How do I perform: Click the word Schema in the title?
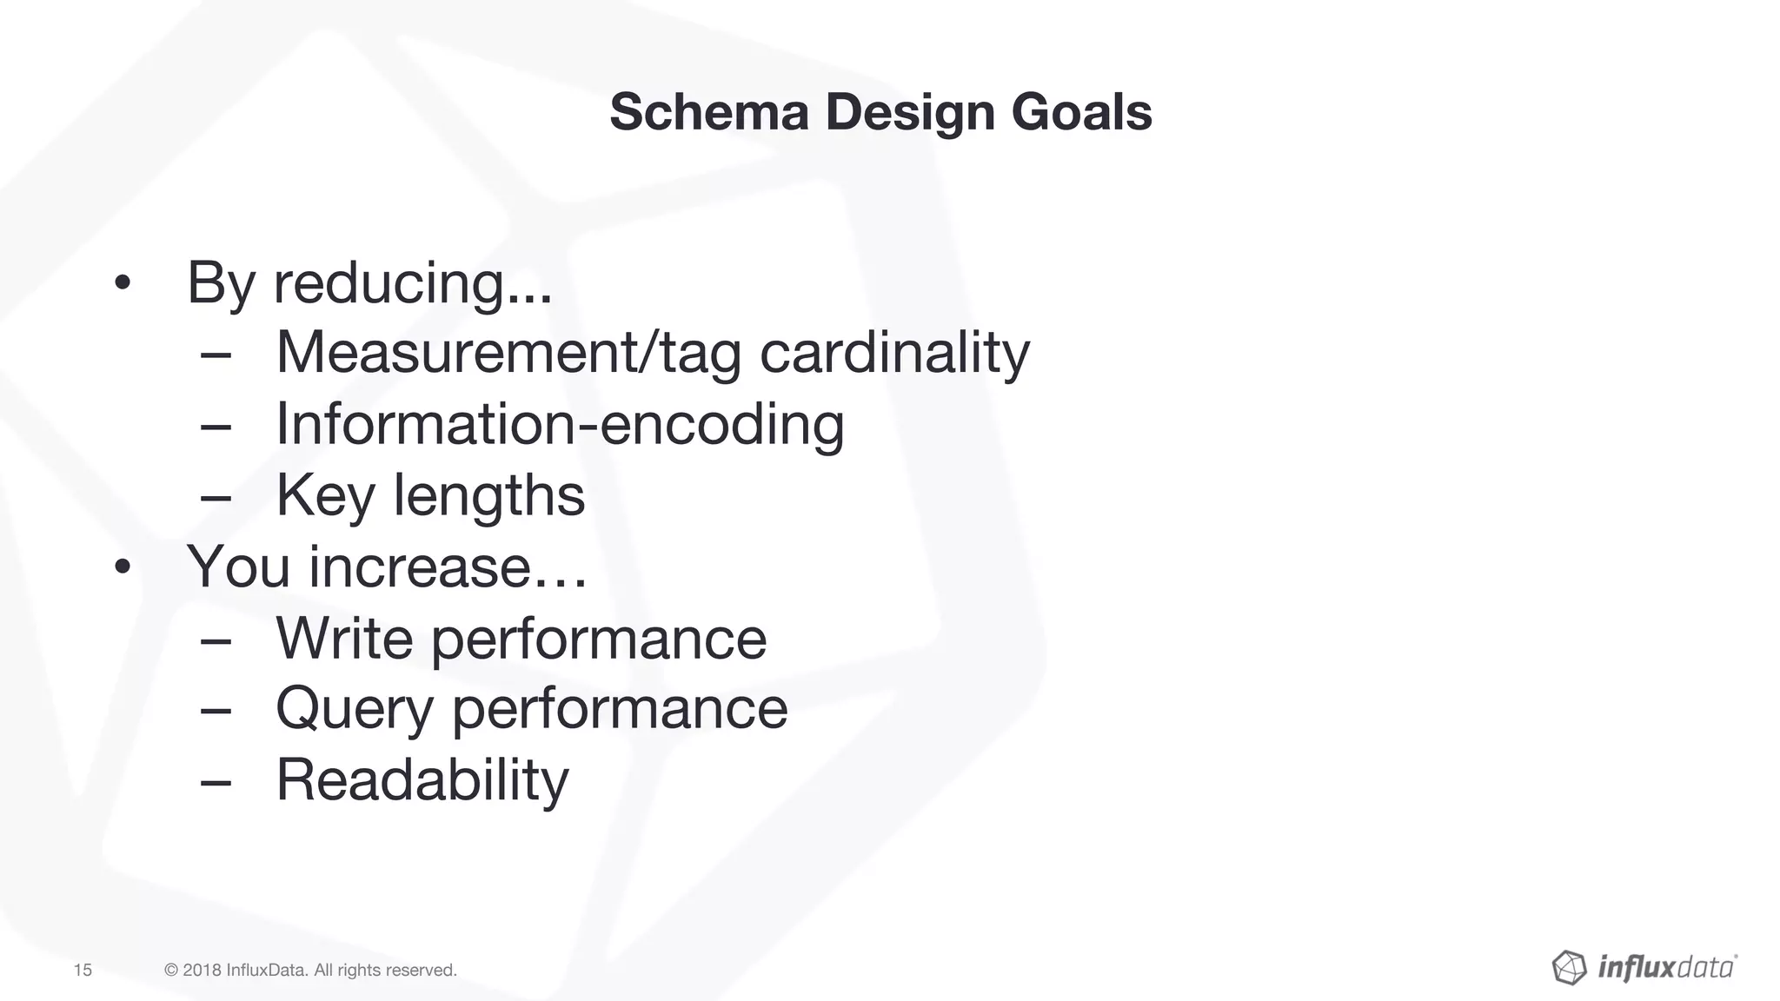(x=708, y=112)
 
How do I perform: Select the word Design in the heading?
(x=909, y=114)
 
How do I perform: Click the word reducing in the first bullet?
(x=412, y=283)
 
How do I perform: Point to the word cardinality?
(x=894, y=355)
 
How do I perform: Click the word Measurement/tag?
(x=508, y=355)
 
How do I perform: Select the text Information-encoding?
(x=560, y=425)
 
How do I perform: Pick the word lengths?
(x=489, y=496)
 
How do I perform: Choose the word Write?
(x=344, y=638)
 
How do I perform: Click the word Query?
(x=354, y=709)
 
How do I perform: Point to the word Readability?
(x=422, y=780)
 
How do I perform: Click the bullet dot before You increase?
(x=122, y=567)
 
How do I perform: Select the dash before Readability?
(x=215, y=781)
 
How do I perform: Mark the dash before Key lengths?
(x=215, y=497)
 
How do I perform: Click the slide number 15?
(x=83, y=970)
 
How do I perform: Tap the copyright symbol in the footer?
(x=171, y=970)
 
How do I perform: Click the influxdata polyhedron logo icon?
(x=1569, y=967)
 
